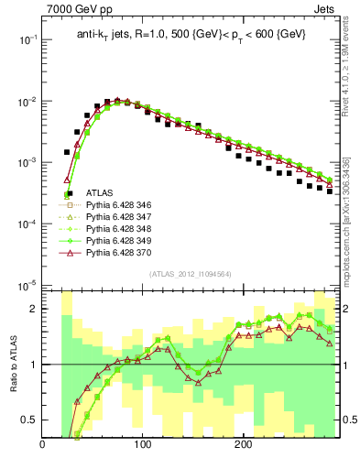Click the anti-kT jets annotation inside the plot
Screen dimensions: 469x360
191,35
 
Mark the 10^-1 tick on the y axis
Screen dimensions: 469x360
27,39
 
